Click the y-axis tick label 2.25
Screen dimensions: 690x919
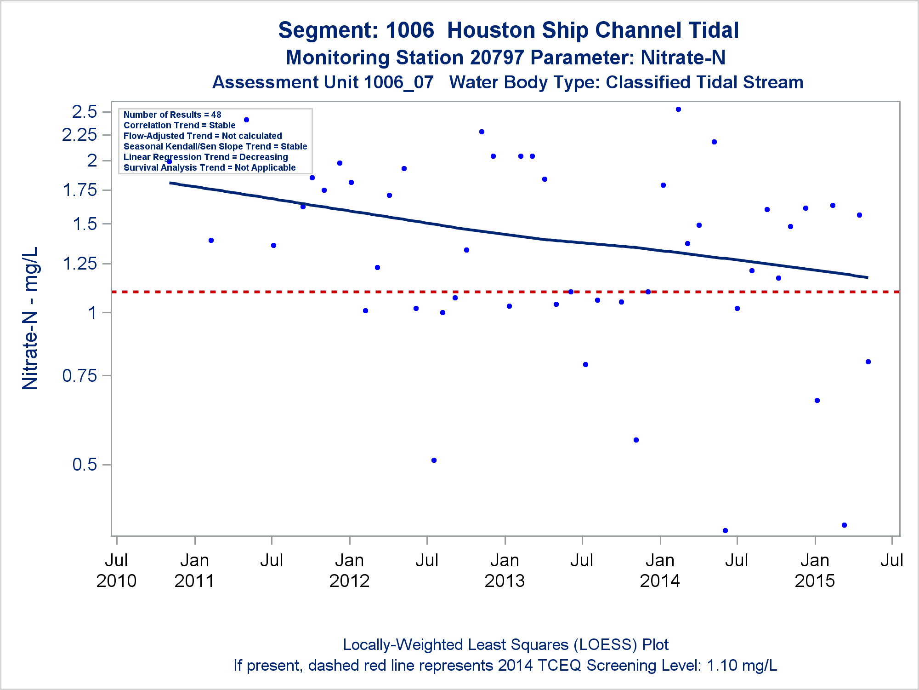79,135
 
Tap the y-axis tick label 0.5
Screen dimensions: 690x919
85,465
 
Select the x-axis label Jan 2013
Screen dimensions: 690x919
505,570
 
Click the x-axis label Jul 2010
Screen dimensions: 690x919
116,570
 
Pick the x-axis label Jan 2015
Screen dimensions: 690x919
815,570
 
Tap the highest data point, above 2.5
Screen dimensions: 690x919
678,109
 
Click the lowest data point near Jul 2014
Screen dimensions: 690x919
725,530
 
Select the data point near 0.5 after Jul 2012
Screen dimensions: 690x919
434,460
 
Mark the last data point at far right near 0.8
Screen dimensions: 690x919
868,362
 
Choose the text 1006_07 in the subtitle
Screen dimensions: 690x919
398,82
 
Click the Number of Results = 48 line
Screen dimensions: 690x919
172,115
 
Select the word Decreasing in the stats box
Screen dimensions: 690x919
263,157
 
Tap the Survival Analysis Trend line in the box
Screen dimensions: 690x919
210,167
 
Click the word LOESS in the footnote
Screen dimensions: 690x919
605,645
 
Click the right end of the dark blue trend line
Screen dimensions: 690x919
867,277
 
